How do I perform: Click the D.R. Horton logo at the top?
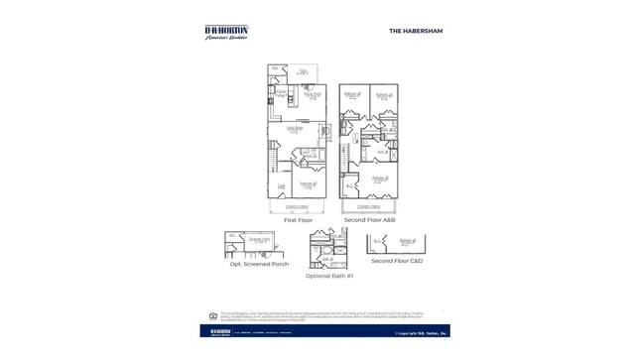[226, 32]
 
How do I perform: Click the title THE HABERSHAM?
[416, 31]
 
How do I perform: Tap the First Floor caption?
[298, 220]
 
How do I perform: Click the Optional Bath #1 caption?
[328, 276]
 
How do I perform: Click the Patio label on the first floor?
[302, 71]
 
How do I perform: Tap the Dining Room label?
[312, 95]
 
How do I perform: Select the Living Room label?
[295, 128]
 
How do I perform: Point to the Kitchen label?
[281, 92]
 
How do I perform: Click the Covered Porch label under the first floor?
[297, 206]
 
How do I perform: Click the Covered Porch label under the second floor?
[369, 206]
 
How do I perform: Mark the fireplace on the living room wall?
[324, 131]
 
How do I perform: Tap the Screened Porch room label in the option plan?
[259, 241]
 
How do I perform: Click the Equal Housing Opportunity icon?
[212, 316]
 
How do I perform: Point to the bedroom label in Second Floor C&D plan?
[407, 241]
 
